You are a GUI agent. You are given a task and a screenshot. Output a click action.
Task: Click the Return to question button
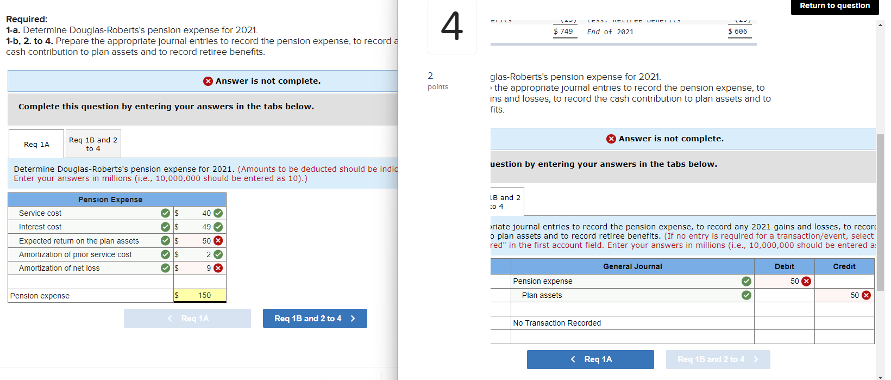point(834,6)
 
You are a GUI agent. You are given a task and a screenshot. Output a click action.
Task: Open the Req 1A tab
point(36,144)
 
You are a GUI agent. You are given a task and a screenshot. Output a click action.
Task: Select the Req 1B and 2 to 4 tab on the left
point(93,144)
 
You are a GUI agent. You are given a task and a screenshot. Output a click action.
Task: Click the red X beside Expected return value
point(218,240)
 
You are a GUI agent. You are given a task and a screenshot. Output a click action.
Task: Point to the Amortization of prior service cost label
point(75,254)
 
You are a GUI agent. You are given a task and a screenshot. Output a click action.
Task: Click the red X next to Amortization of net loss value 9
point(218,268)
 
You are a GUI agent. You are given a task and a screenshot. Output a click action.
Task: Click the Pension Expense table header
point(110,200)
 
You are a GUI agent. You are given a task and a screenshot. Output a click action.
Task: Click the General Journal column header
point(632,266)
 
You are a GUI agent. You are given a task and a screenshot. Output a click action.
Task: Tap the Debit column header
point(784,266)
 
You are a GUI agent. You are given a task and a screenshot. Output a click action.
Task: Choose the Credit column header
point(844,266)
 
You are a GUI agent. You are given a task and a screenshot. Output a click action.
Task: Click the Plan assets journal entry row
point(542,295)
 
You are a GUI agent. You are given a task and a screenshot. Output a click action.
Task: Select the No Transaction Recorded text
point(557,323)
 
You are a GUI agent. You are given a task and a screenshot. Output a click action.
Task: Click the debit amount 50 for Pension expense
point(794,281)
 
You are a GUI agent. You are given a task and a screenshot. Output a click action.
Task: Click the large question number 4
point(451,26)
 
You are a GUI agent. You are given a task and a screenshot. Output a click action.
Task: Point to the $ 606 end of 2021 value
point(738,32)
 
